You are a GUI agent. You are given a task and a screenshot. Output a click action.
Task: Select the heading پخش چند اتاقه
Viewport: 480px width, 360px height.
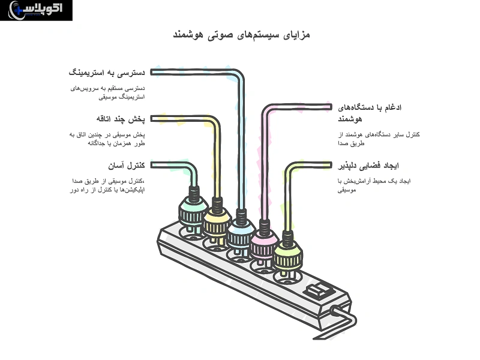point(121,118)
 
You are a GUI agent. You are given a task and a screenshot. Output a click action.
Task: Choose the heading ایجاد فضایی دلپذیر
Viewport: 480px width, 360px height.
point(369,165)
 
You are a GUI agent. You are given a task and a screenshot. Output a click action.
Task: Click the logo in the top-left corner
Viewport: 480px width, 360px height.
point(36,10)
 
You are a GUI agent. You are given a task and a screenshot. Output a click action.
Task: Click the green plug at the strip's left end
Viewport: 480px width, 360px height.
point(192,210)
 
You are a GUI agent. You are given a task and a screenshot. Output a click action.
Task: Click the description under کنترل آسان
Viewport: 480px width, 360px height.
point(113,185)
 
